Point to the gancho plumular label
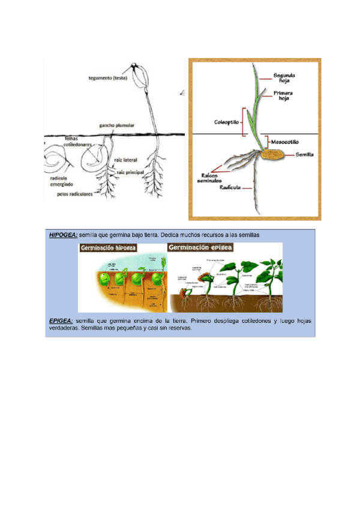[116, 125]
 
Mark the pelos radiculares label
[75, 194]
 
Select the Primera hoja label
[283, 96]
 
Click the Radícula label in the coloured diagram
[230, 187]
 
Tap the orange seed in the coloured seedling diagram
[272, 155]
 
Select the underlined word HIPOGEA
[62, 235]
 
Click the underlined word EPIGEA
[61, 321]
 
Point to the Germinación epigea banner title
[201, 247]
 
